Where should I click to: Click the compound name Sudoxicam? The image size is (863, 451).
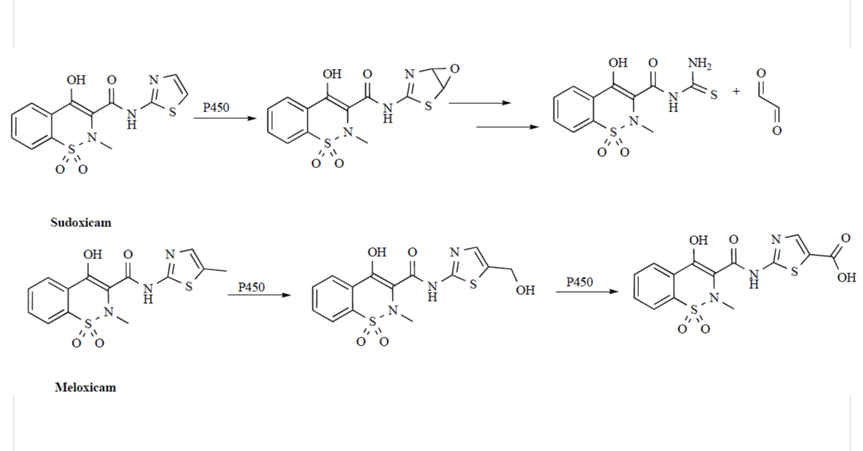click(81, 223)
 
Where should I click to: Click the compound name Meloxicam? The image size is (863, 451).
click(85, 388)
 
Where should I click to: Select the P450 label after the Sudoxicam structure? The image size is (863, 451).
click(215, 107)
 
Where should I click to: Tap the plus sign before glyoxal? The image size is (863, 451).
click(736, 92)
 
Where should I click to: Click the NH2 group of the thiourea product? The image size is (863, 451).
click(699, 63)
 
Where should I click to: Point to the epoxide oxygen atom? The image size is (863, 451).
click(455, 69)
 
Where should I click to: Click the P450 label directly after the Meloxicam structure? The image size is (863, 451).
click(251, 287)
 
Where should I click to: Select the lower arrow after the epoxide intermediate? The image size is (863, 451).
click(507, 127)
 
